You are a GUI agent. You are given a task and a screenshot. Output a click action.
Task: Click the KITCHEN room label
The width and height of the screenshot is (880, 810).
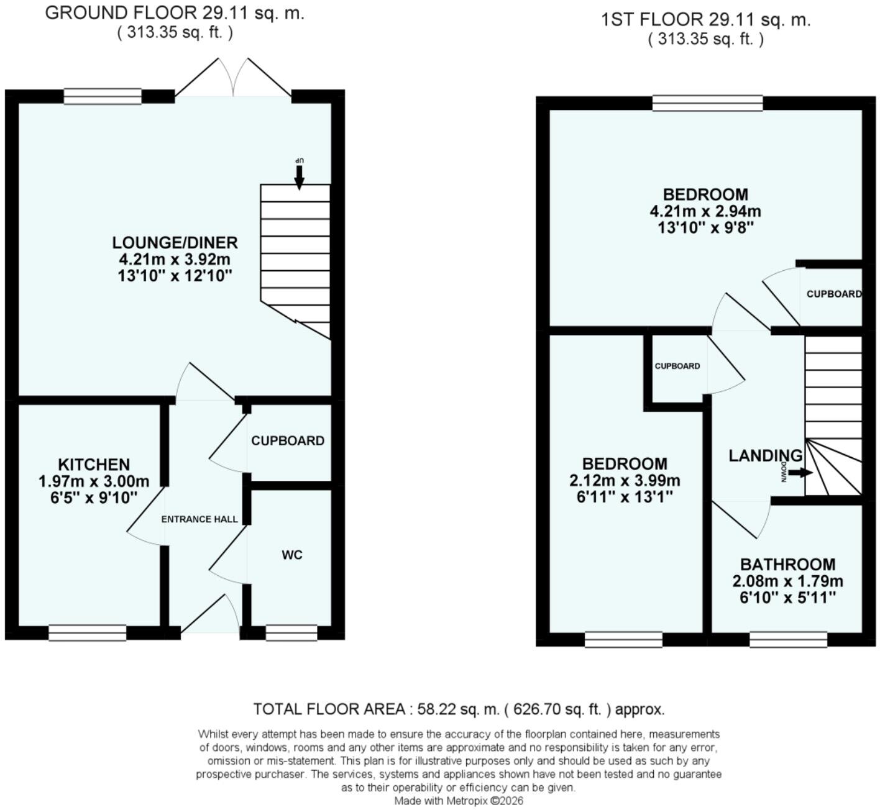[94, 465]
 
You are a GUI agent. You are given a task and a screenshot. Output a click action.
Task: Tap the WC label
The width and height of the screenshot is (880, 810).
[292, 555]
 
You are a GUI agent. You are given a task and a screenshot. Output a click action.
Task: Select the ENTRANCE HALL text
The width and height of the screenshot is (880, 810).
[199, 519]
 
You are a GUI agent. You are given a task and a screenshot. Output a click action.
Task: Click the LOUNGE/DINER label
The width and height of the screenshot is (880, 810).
[175, 242]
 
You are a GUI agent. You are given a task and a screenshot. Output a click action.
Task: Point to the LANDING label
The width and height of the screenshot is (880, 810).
[766, 456]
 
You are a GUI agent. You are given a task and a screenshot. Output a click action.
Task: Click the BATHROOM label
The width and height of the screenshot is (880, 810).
[788, 564]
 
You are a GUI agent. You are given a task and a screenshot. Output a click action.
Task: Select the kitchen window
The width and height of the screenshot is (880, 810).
[87, 633]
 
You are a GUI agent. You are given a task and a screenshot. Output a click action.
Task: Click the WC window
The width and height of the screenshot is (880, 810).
[291, 633]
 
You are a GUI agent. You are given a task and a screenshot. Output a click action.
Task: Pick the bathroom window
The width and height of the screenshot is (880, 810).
[788, 640]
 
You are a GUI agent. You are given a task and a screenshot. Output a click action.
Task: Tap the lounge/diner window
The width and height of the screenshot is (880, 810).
[103, 96]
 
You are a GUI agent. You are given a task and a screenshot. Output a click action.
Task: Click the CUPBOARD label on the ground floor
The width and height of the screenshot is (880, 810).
[288, 441]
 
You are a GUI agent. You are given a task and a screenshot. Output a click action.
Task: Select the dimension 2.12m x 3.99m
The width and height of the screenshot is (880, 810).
[625, 480]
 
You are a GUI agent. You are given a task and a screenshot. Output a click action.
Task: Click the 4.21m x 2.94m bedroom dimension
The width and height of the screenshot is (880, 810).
[705, 211]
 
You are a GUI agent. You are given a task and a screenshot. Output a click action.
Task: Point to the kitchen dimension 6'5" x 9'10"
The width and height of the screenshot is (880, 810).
[94, 498]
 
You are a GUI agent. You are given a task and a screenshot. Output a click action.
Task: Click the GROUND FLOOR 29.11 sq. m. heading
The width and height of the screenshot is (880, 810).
[175, 13]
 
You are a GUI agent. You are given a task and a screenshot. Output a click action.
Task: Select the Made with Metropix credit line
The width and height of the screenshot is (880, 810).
[459, 801]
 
